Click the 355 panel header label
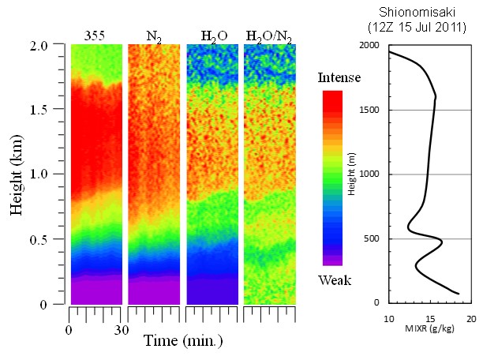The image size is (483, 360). pyautogui.click(x=96, y=35)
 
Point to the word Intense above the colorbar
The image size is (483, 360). pyautogui.click(x=339, y=77)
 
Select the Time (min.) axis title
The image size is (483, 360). pyautogui.click(x=184, y=341)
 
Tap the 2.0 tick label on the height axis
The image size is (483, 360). pyautogui.click(x=50, y=45)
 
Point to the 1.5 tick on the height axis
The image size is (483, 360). pyautogui.click(x=50, y=110)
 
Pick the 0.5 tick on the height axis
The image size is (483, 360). pyautogui.click(x=50, y=239)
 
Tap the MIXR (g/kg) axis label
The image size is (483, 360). pyautogui.click(x=429, y=328)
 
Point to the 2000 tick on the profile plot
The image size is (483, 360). pyautogui.click(x=376, y=46)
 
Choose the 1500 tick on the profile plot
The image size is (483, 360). pyautogui.click(x=376, y=110)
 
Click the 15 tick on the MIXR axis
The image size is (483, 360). pyautogui.click(x=430, y=318)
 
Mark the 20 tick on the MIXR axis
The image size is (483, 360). pyautogui.click(x=471, y=318)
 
